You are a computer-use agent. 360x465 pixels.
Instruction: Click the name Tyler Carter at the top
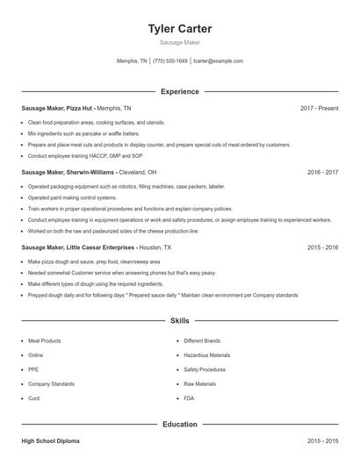180,29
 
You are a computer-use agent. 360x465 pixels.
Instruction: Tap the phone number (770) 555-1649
170,61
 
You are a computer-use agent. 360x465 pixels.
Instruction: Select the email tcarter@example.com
218,61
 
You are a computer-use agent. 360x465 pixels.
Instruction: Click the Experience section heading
180,91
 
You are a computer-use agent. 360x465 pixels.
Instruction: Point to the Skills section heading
180,321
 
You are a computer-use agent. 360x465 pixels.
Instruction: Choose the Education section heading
180,425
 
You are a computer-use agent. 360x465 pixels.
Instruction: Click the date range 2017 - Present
319,108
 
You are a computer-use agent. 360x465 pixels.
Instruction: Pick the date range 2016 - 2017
322,173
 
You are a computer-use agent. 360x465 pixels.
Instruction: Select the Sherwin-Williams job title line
89,173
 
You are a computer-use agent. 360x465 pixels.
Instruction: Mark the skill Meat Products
45,340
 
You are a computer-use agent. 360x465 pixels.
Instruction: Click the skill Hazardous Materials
207,355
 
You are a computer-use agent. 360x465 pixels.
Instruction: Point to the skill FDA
190,398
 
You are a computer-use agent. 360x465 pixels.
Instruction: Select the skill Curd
34,398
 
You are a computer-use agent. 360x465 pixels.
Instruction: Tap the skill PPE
33,369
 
